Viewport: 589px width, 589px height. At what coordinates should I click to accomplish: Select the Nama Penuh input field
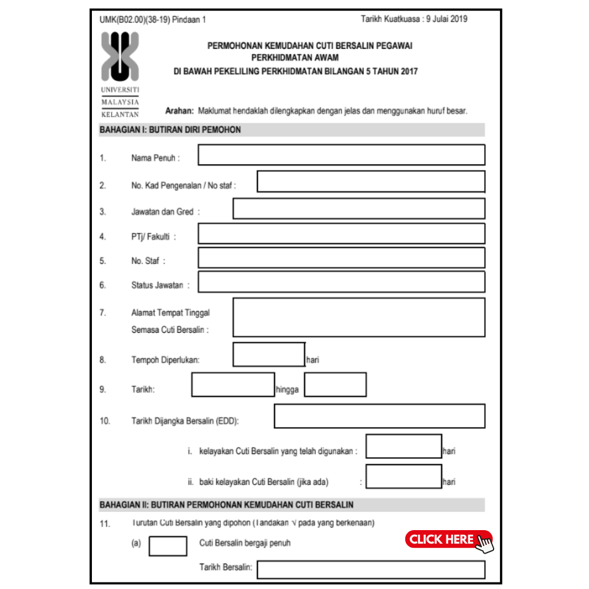click(x=341, y=154)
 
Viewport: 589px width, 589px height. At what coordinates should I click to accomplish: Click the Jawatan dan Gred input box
click(x=359, y=209)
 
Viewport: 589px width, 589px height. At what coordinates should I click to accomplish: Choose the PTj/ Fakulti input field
click(x=341, y=233)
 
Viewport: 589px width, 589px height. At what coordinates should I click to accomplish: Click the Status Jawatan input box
click(x=341, y=282)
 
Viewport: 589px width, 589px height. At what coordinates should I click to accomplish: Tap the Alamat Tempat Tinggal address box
click(x=359, y=317)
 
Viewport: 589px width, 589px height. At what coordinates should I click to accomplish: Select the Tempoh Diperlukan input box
click(x=269, y=355)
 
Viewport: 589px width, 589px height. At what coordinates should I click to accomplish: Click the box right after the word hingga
click(x=335, y=385)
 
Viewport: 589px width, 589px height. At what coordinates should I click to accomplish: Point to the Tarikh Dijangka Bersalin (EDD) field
click(x=379, y=416)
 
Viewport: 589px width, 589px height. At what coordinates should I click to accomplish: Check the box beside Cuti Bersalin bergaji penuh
click(x=168, y=546)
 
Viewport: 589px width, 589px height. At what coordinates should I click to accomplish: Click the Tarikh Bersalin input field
click(x=370, y=570)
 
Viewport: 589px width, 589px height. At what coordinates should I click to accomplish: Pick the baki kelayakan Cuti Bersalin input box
click(x=403, y=477)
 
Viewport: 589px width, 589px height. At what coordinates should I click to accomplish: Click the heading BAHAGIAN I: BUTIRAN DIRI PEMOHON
click(x=170, y=130)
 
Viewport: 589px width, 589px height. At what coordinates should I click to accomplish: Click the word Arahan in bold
click(x=180, y=111)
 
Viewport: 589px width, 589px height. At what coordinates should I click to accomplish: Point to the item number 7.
click(x=102, y=313)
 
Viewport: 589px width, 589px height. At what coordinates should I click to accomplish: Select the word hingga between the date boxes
click(x=288, y=389)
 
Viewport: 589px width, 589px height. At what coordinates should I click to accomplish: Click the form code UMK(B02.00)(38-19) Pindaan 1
click(x=153, y=19)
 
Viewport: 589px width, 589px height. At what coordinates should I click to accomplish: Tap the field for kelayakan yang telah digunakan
click(x=403, y=446)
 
